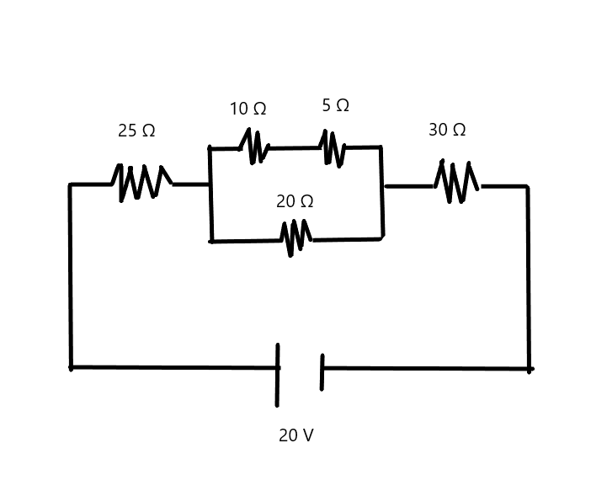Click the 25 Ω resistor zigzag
pos(141,182)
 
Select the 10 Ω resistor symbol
pos(253,147)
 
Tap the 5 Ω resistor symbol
pos(332,148)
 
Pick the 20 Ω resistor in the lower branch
pos(295,237)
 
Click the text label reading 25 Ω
pos(136,131)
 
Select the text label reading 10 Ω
pos(248,109)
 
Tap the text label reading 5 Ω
pos(335,105)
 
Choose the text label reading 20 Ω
pos(295,202)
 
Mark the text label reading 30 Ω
pos(447,131)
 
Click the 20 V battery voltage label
pos(295,436)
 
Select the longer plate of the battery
pos(277,375)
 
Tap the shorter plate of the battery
pos(322,372)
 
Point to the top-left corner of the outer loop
pos(71,184)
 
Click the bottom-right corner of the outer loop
pos(530,369)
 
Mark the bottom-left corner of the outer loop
pos(71,367)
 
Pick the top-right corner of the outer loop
pos(528,186)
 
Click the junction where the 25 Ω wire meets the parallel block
pos(210,184)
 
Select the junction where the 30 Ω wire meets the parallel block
pos(383,186)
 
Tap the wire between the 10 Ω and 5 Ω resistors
pos(294,148)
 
